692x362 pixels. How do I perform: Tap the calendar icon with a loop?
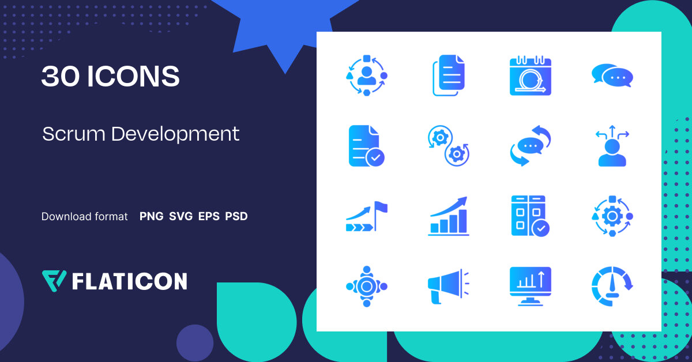pyautogui.click(x=531, y=75)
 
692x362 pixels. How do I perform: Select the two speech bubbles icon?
pyautogui.click(x=612, y=75)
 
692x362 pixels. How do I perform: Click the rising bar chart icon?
pyautogui.click(x=449, y=216)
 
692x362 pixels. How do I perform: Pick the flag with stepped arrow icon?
pyautogui.click(x=366, y=216)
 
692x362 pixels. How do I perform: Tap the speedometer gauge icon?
pyautogui.click(x=612, y=284)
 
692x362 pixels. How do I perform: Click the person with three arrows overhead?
pyautogui.click(x=612, y=147)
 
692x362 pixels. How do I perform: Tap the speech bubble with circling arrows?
pyautogui.click(x=531, y=146)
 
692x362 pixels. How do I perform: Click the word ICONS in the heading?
pyautogui.click(x=133, y=77)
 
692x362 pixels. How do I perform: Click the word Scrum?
pyautogui.click(x=74, y=134)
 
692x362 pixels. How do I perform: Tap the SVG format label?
pyautogui.click(x=181, y=217)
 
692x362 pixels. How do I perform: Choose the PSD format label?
pyautogui.click(x=236, y=217)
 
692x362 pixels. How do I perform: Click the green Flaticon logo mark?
pyautogui.click(x=54, y=280)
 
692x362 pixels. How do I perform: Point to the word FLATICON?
pyautogui.click(x=129, y=281)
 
